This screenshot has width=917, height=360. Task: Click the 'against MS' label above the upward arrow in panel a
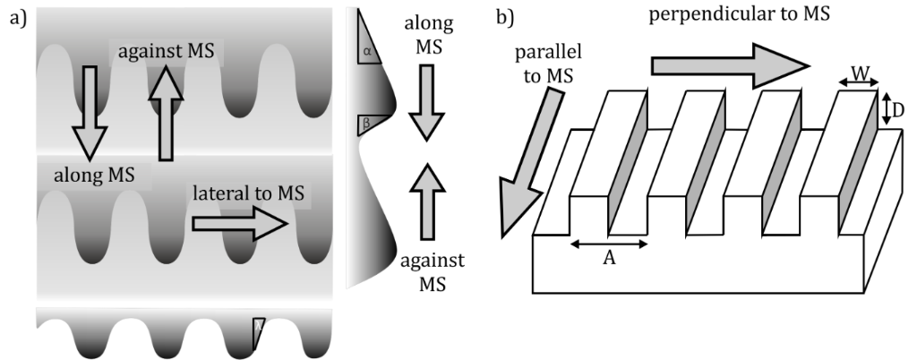point(165,53)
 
